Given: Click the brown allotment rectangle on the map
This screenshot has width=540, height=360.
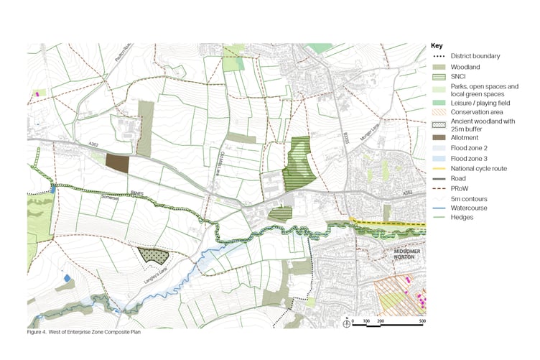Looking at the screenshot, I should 117,162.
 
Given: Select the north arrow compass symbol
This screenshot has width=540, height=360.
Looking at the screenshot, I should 346,322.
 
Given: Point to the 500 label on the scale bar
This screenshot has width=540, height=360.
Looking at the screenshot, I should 422,320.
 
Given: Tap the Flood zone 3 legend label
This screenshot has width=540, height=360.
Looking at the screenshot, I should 470,157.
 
